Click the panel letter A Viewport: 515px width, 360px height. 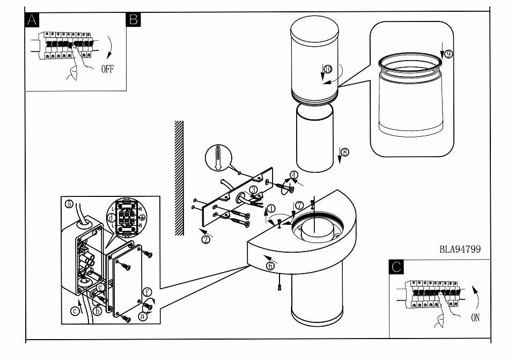click(33, 20)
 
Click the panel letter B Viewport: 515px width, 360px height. click(133, 20)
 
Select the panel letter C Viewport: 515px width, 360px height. click(396, 267)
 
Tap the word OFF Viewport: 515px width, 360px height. click(107, 69)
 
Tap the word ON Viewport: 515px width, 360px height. click(475, 318)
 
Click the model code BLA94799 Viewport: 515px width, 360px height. click(460, 249)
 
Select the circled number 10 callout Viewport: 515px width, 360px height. click(327, 69)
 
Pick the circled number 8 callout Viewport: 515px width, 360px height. click(344, 152)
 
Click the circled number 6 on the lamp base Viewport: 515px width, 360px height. click(270, 265)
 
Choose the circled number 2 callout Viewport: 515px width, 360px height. click(205, 239)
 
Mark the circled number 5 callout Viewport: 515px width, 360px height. click(69, 203)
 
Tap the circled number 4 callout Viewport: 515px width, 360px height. click(293, 174)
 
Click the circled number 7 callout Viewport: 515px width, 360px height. click(299, 204)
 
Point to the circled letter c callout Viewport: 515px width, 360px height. click(76, 310)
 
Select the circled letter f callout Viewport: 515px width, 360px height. click(146, 292)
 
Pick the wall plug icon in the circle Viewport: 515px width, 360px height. click(220, 159)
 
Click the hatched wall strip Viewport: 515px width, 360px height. click(179, 177)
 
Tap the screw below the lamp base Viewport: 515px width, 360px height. click(279, 288)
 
